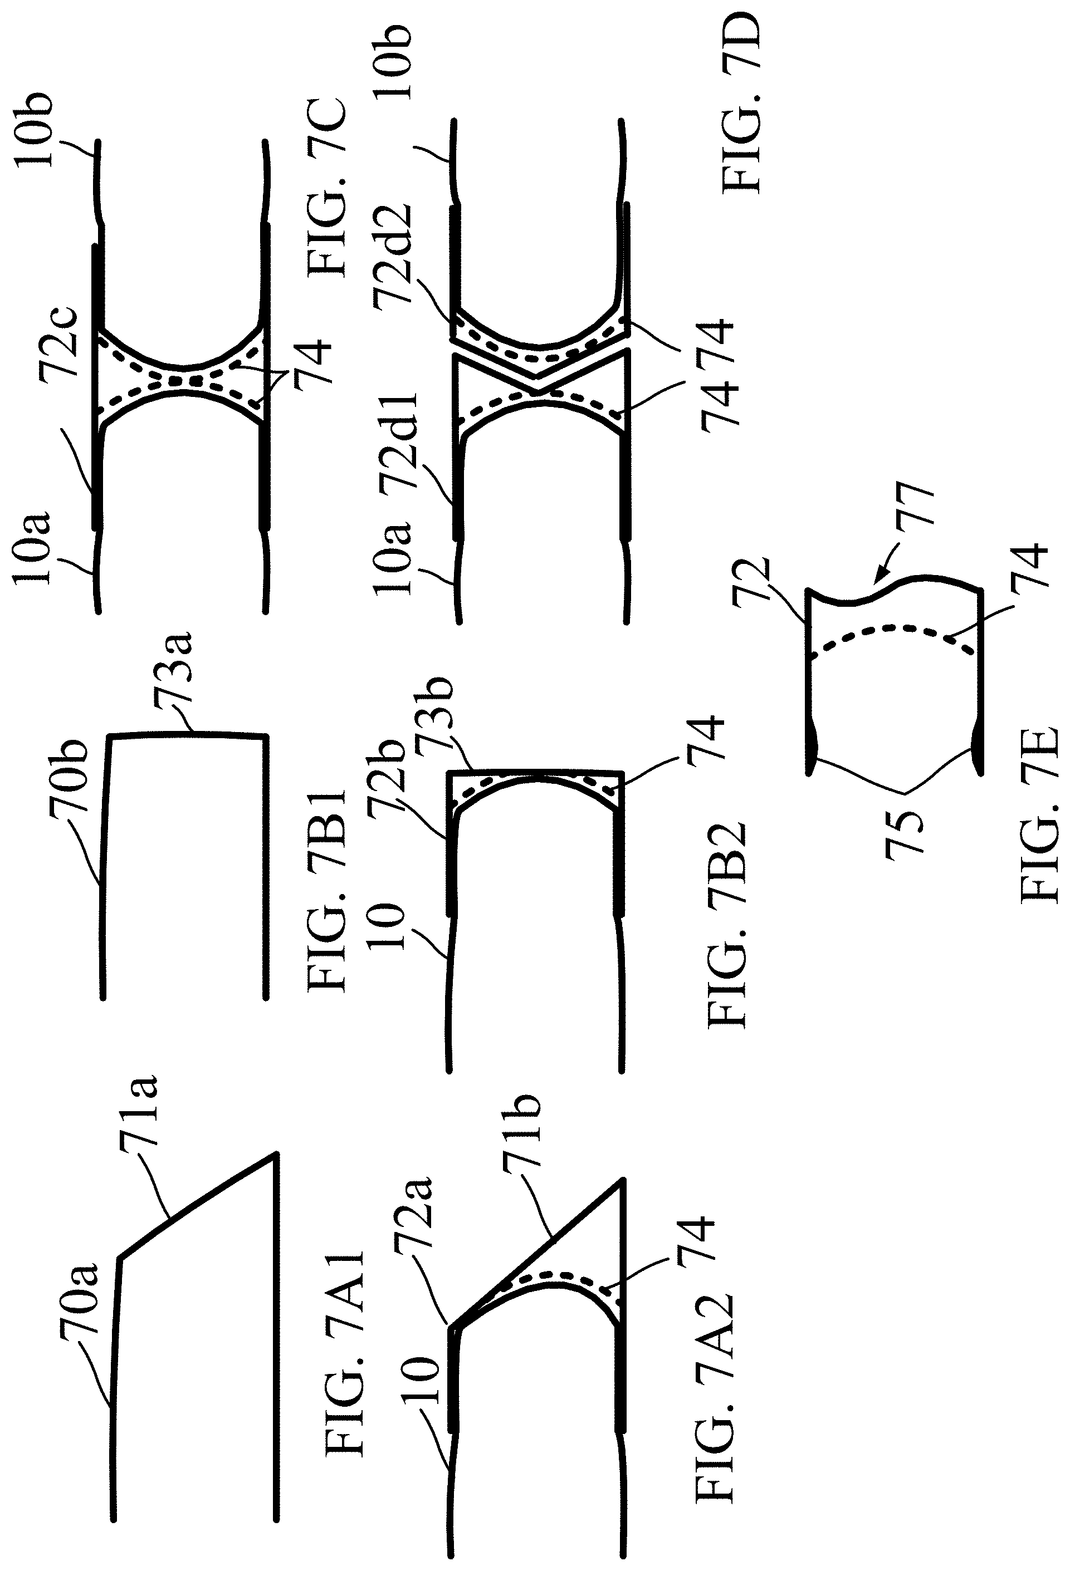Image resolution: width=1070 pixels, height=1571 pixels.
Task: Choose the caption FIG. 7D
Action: [x=741, y=102]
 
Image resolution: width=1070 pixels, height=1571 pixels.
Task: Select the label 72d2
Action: [x=393, y=257]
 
